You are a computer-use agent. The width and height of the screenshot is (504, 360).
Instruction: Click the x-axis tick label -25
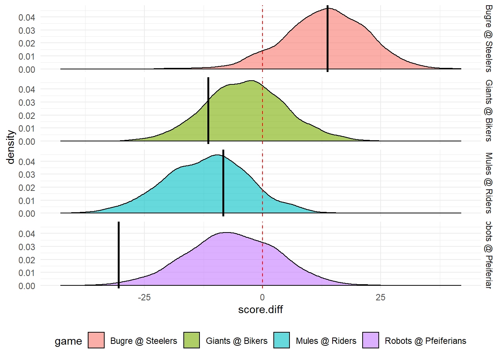[x=144, y=298]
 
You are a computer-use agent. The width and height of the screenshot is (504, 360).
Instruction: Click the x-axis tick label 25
[x=380, y=298]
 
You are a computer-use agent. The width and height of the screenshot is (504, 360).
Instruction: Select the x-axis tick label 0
[x=262, y=298]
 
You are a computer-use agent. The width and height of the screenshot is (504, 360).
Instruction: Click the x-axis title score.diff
[x=260, y=310]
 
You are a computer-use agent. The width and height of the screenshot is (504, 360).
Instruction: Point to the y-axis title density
[x=10, y=147]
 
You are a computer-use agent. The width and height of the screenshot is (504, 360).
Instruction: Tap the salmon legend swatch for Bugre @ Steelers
[x=96, y=340]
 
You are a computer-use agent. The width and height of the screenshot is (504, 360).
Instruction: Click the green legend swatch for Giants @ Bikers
[x=192, y=340]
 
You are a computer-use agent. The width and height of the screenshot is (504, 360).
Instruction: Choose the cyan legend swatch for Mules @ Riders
[x=282, y=340]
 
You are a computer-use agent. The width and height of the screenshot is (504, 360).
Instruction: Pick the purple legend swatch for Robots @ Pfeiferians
[x=370, y=340]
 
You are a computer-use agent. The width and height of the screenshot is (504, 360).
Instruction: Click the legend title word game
[x=68, y=341]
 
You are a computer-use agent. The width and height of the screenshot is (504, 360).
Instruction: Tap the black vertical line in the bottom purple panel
[x=118, y=255]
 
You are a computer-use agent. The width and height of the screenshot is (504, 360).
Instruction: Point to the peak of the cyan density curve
[x=217, y=155]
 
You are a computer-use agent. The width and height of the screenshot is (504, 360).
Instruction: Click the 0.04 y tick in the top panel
[x=27, y=17]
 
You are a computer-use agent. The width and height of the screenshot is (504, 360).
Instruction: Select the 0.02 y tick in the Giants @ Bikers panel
[x=27, y=115]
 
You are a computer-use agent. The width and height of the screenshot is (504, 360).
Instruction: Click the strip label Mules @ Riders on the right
[x=489, y=183]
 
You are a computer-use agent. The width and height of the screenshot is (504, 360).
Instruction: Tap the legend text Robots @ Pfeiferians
[x=425, y=341]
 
